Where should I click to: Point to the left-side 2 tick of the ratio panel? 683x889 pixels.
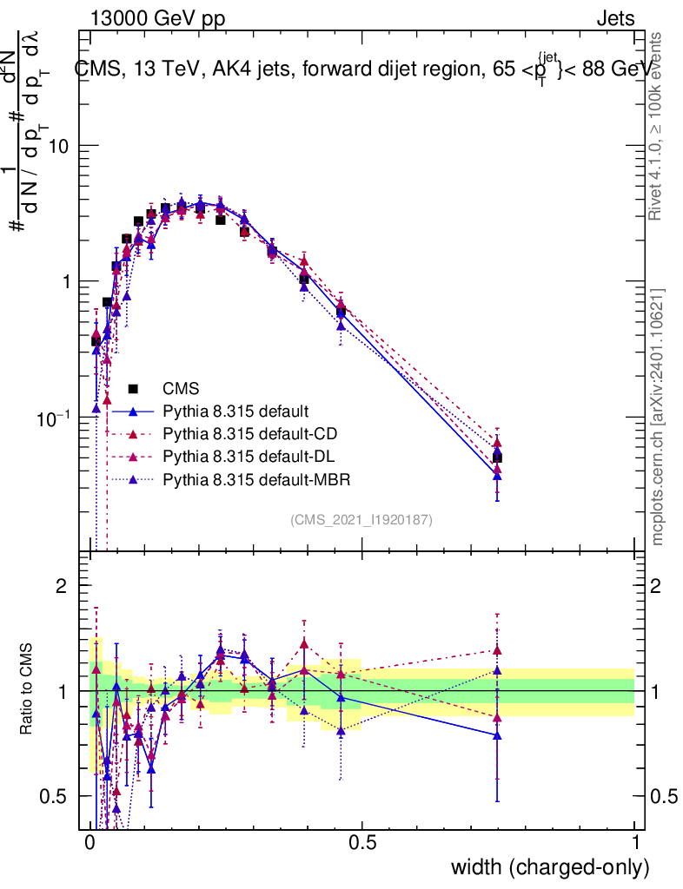(x=62, y=587)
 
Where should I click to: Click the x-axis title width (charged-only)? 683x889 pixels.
(x=549, y=867)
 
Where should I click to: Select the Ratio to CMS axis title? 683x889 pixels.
(x=27, y=690)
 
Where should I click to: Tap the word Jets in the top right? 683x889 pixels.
(x=615, y=18)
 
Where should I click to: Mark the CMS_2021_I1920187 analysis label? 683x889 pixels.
(x=361, y=519)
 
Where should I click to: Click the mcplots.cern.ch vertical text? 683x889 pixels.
(x=659, y=417)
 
